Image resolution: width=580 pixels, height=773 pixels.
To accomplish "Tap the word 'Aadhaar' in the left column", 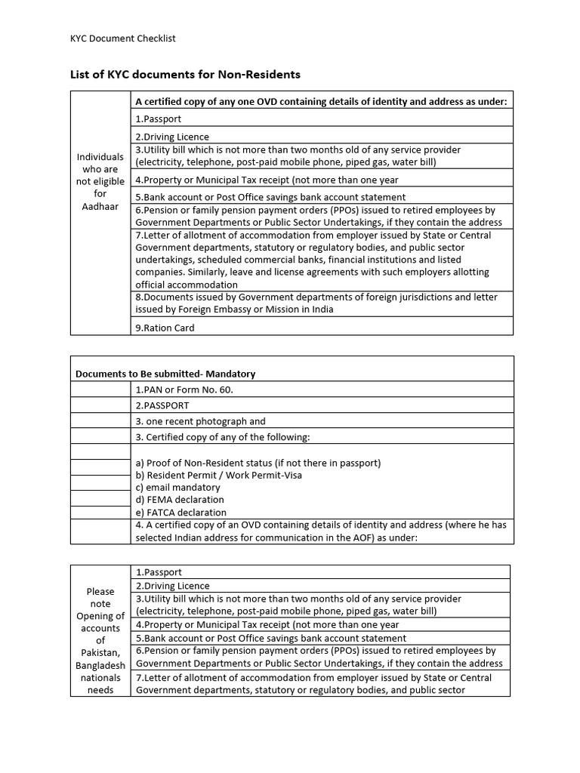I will tap(100, 206).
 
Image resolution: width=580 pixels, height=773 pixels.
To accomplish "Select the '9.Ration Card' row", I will tap(165, 328).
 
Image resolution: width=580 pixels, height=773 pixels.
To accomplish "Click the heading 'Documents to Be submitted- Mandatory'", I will tap(165, 374).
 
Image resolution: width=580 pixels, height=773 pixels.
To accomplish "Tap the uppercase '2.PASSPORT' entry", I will tap(162, 405).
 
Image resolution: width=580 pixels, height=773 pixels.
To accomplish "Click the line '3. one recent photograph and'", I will tap(200, 421).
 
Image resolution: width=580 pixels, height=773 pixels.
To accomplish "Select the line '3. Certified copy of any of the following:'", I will tap(222, 437).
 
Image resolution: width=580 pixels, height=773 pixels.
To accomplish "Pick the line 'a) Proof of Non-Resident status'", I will tap(258, 463).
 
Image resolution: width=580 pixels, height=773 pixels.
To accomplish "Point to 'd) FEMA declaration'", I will tap(180, 500).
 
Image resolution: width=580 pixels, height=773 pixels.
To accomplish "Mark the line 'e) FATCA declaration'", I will tap(180, 512).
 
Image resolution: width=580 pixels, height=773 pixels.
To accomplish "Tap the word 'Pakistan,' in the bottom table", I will tap(100, 653).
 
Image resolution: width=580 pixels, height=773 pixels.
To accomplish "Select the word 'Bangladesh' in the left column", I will tap(100, 665).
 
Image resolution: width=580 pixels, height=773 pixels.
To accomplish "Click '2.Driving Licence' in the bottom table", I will tap(172, 586).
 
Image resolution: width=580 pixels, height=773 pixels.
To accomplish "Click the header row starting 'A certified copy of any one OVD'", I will tap(321, 101).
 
